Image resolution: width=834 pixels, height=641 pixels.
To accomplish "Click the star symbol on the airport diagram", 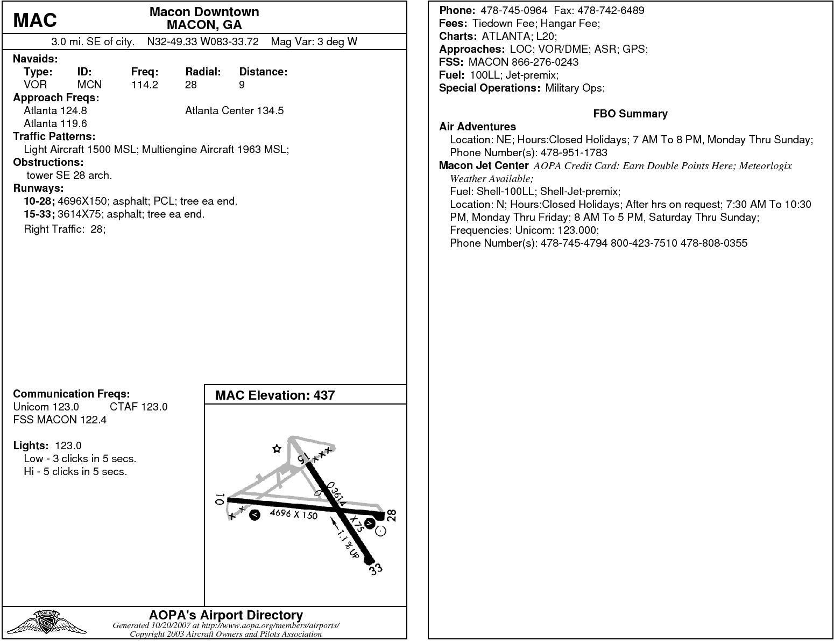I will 277,449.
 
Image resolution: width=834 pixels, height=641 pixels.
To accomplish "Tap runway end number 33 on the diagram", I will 376,569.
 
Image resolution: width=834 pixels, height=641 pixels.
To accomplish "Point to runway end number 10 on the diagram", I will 219,499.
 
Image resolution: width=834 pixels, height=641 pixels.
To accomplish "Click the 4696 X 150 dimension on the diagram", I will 293,514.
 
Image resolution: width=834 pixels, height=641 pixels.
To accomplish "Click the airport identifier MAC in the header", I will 35,20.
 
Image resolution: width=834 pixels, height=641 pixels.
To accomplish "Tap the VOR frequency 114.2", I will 144,85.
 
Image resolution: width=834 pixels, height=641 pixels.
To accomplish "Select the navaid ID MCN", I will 89,85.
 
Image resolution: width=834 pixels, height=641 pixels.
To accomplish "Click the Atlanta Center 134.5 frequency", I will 234,110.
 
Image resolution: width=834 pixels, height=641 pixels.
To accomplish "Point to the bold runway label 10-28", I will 39,201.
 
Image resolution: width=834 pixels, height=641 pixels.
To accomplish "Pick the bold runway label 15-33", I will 39,214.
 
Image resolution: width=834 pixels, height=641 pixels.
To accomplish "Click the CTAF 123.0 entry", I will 138,407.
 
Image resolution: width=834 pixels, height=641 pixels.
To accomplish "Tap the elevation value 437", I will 324,395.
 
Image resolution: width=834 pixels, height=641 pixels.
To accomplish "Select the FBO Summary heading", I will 630,114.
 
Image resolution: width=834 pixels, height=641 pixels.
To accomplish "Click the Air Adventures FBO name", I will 477,127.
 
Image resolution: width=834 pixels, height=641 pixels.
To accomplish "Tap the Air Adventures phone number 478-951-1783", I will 574,152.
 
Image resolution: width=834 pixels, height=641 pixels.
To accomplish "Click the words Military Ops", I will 575,88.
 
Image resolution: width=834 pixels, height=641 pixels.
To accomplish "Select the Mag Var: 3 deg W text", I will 314,41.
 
